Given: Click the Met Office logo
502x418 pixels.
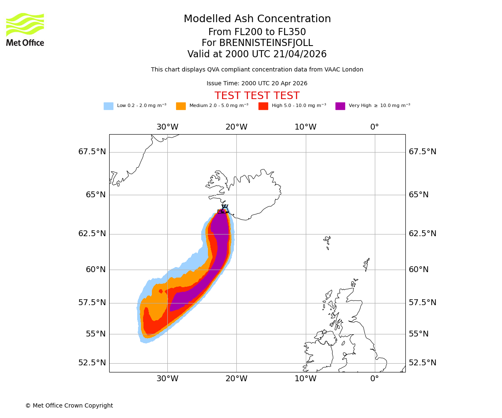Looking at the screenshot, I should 25,29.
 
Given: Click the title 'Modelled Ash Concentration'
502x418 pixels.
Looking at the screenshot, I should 257,19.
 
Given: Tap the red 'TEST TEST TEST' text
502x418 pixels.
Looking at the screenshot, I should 257,96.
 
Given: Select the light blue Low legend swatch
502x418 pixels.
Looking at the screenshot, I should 108,106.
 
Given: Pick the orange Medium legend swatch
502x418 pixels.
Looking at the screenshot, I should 181,106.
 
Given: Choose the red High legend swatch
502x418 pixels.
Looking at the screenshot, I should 263,106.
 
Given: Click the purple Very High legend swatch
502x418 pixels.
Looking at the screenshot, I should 340,106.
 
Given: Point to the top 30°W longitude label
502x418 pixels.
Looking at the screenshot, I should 167,127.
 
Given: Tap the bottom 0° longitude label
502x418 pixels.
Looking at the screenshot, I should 374,379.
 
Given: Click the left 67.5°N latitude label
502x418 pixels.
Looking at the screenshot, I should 92,152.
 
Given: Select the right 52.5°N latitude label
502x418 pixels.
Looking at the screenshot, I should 423,363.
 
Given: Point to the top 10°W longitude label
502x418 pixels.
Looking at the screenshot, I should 305,127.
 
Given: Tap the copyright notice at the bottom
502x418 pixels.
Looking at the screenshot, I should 69,406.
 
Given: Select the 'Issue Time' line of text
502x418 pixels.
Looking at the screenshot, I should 257,84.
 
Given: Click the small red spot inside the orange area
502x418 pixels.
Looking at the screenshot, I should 161,291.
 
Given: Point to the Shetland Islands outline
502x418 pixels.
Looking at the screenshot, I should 367,264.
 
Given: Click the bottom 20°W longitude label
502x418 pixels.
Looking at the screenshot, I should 236,379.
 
